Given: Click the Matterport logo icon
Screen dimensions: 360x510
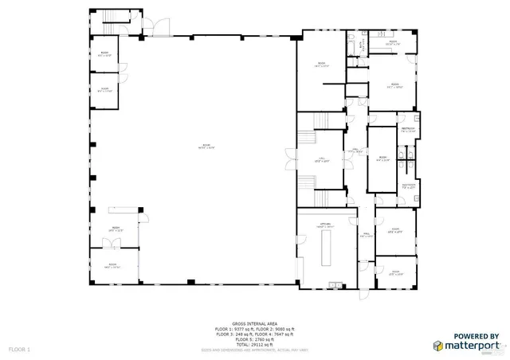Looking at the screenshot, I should pyautogui.click(x=439, y=346).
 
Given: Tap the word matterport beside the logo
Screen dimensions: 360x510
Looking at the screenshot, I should pyautogui.click(x=473, y=346).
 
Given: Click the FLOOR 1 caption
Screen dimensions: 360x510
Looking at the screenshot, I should pyautogui.click(x=19, y=350).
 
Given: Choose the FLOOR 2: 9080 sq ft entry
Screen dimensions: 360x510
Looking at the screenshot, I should pyautogui.click(x=274, y=329).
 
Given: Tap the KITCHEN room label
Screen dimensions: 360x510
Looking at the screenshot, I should pyautogui.click(x=325, y=225).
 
